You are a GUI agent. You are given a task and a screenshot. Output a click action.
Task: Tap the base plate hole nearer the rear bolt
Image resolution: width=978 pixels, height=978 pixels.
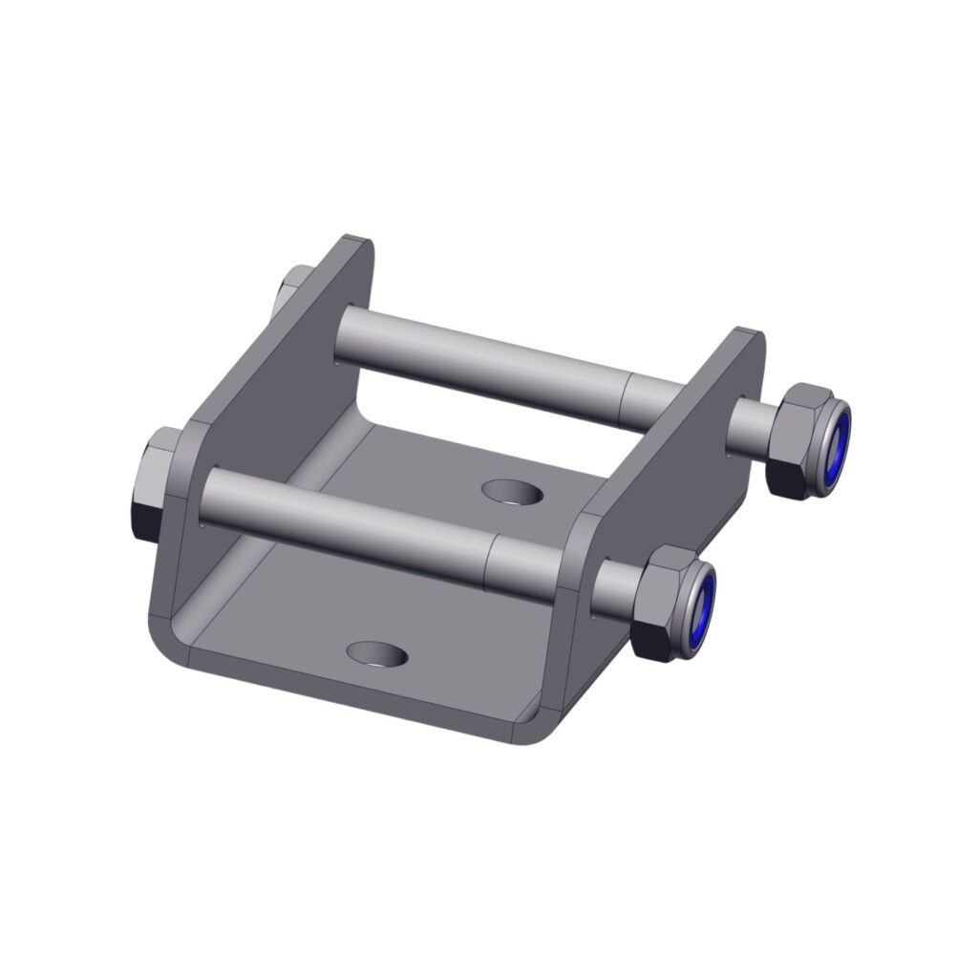point(512,493)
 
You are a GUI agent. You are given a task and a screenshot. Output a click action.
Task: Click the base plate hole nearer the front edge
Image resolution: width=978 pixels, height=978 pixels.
point(376,654)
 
